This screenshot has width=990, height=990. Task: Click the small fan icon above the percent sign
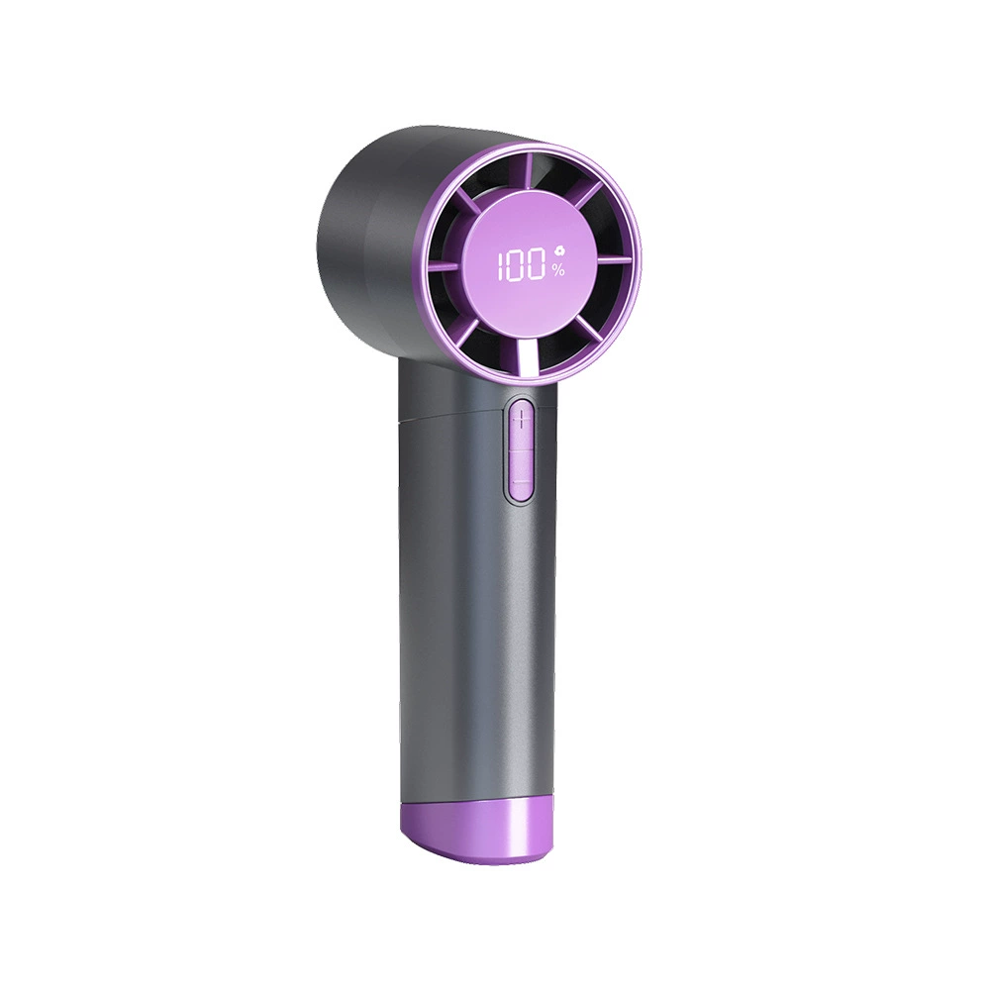[x=558, y=251]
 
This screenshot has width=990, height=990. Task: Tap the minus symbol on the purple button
[x=521, y=483]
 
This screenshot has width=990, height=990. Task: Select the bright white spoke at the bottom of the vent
[x=528, y=359]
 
